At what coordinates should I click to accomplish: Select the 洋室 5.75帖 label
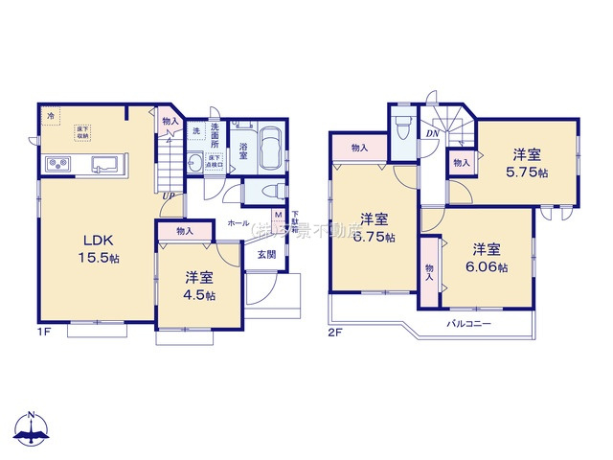[528, 162]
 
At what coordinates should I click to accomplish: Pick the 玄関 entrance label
[265, 254]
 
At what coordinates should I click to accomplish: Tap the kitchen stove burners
[57, 165]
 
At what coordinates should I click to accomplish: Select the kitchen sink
[103, 165]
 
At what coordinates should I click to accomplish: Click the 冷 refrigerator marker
[50, 117]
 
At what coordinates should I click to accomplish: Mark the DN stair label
[432, 134]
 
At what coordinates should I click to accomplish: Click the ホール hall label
[238, 222]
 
